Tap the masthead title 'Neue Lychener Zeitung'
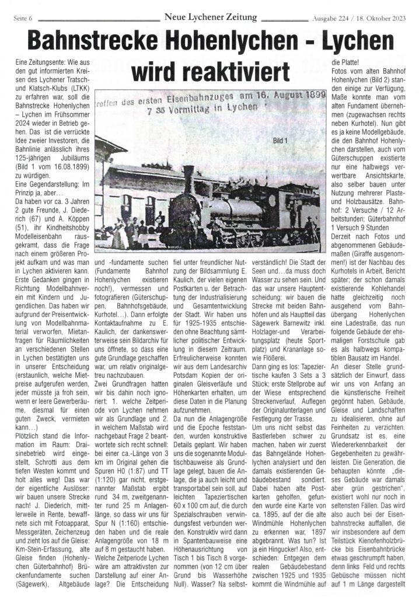point(210,17)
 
